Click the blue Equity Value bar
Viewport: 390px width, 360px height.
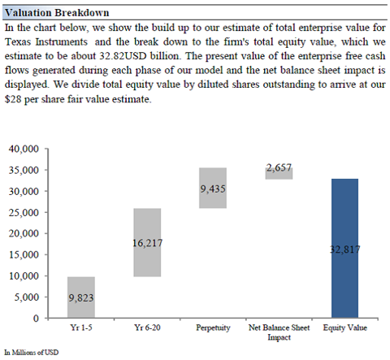point(344,248)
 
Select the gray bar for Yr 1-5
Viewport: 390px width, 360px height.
point(81,297)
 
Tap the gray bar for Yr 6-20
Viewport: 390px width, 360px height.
point(147,242)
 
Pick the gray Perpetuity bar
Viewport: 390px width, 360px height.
point(213,188)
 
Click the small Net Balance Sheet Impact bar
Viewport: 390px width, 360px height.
point(279,173)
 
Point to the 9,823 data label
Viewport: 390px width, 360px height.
point(81,297)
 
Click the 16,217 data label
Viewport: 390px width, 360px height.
point(148,243)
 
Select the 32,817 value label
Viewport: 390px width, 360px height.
point(345,249)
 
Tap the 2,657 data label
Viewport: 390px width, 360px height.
point(279,167)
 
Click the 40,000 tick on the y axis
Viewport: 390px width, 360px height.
point(24,149)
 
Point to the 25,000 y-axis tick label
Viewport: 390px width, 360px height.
point(24,212)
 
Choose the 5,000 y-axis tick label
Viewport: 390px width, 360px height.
point(27,297)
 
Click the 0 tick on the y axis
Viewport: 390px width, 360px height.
point(36,318)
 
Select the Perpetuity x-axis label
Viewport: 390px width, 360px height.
point(213,327)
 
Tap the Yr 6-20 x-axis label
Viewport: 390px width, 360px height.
point(147,327)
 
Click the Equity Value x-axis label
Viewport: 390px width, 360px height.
point(345,327)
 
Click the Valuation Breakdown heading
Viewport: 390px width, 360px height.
point(57,13)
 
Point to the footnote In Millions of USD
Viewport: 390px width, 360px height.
point(32,352)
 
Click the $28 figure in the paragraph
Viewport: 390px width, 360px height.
point(13,99)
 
